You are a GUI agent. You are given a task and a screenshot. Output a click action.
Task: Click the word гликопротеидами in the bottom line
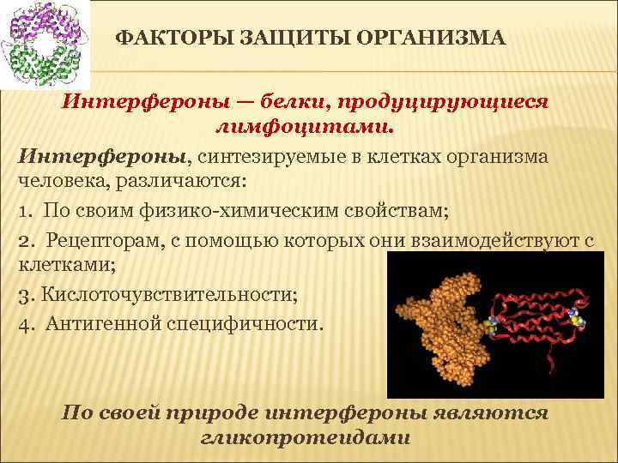coord(306,437)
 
